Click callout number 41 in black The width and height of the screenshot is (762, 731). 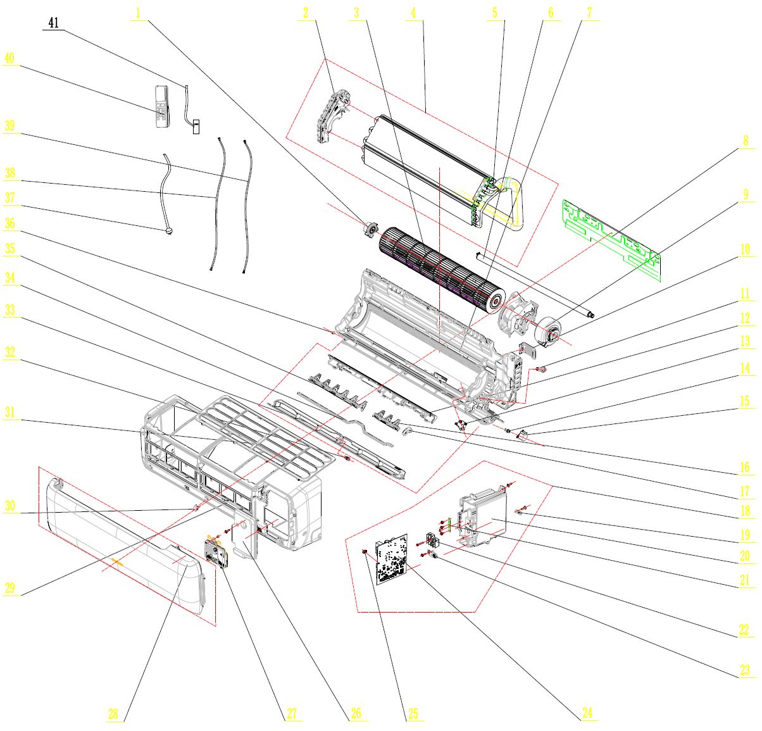(x=53, y=23)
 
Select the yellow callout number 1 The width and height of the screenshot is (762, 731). (x=139, y=13)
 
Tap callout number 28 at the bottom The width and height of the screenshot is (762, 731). (x=113, y=714)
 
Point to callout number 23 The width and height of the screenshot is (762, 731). (x=745, y=670)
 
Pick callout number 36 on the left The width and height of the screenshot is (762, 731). (x=9, y=223)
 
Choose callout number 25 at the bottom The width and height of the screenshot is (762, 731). (x=413, y=714)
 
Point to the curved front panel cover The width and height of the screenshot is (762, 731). (x=127, y=538)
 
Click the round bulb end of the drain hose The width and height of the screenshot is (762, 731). (x=168, y=232)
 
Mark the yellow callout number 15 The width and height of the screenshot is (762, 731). (x=745, y=401)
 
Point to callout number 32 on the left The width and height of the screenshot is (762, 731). (x=9, y=353)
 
